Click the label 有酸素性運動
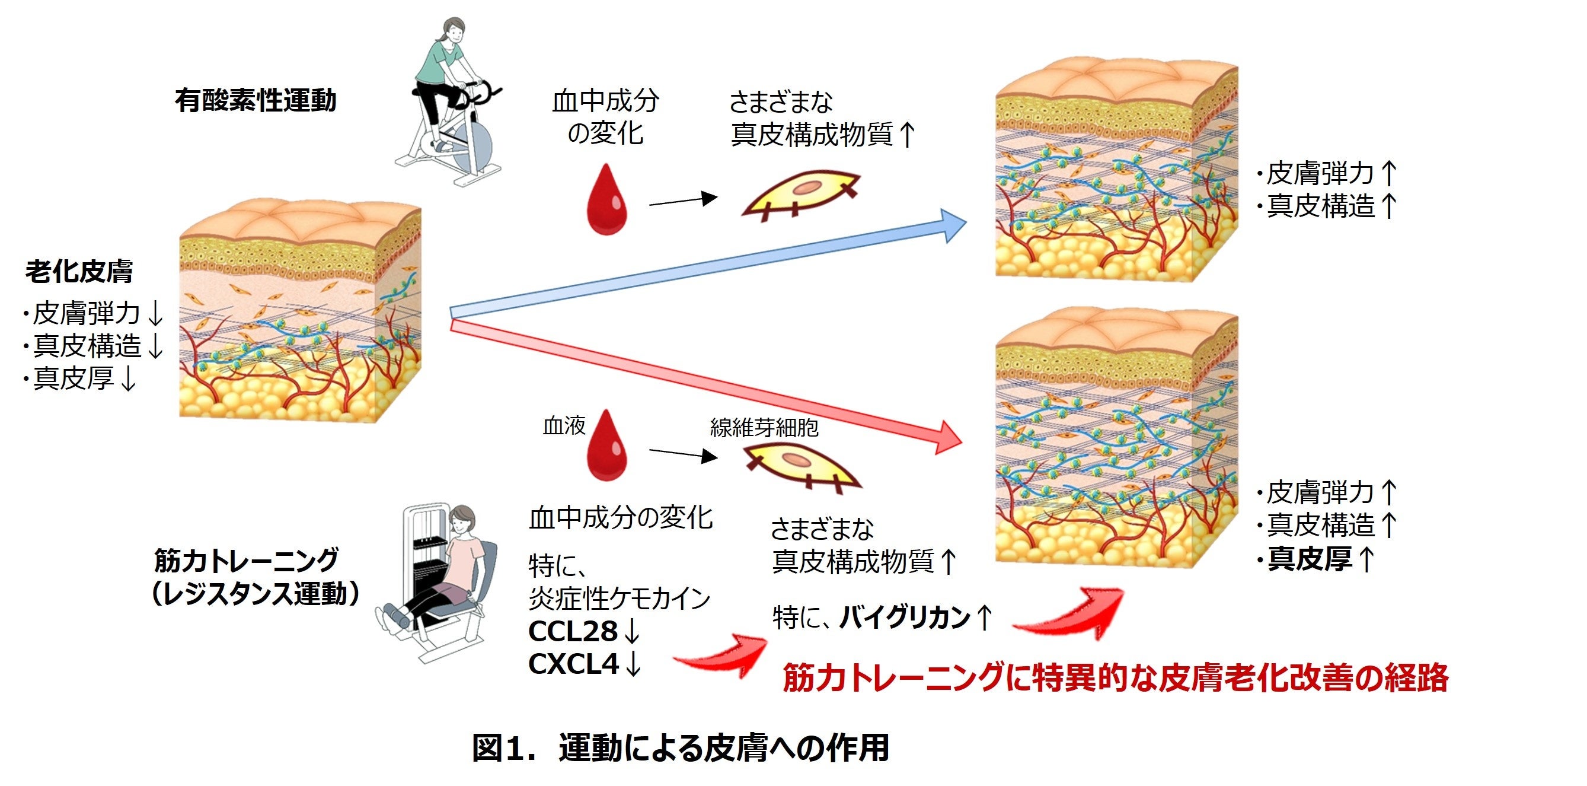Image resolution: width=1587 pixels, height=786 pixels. (256, 100)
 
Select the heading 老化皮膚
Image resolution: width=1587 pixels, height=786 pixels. (79, 271)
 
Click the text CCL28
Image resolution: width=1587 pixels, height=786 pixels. (573, 631)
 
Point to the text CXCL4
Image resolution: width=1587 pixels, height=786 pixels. (573, 664)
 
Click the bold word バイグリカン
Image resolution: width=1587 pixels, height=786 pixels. (905, 617)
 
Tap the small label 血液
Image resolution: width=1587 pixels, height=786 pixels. (564, 425)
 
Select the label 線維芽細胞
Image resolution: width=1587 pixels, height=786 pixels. (764, 427)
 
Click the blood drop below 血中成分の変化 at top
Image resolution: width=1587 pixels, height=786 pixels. (608, 201)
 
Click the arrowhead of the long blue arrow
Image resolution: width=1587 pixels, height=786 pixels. (951, 224)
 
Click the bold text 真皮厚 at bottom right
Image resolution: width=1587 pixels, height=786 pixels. (1310, 559)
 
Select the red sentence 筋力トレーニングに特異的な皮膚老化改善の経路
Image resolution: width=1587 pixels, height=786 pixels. (1115, 677)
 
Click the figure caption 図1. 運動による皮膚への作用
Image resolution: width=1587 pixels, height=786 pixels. (680, 748)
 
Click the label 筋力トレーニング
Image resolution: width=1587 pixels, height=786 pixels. (247, 561)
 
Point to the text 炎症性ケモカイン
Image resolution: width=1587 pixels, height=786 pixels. (619, 598)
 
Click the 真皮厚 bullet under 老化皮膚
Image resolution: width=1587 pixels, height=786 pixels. (74, 378)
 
